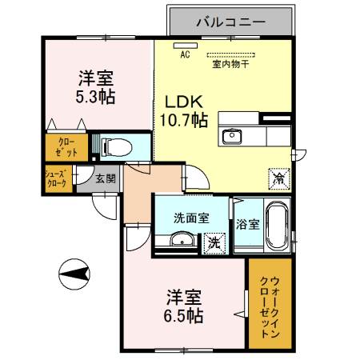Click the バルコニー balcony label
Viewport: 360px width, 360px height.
(x=231, y=22)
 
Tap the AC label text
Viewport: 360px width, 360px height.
(x=185, y=55)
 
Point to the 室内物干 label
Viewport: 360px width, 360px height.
(x=230, y=66)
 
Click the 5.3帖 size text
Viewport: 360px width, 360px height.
(x=95, y=97)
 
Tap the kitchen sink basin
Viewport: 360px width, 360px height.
(x=234, y=134)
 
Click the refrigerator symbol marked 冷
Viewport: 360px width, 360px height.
(x=278, y=178)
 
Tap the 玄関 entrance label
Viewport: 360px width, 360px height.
(x=105, y=179)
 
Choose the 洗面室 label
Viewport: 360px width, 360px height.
(x=192, y=217)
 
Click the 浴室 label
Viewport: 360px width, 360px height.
(x=247, y=224)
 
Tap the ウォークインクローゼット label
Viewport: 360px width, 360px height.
(x=270, y=304)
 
